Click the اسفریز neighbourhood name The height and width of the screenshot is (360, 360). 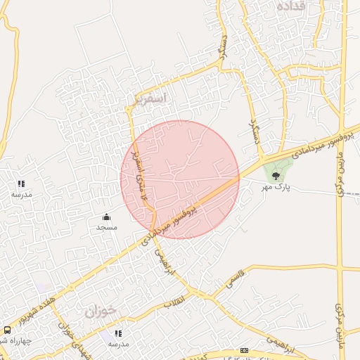(x=147, y=98)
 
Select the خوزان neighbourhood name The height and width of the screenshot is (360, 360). (x=101, y=310)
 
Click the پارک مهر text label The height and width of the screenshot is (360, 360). (x=276, y=188)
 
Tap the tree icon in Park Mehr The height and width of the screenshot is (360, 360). (x=275, y=176)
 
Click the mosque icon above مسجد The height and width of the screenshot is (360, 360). (x=106, y=217)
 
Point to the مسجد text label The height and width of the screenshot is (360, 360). (x=106, y=227)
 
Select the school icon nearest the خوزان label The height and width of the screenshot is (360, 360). (x=117, y=333)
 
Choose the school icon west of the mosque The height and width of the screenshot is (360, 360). (x=20, y=184)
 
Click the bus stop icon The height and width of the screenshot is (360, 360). (x=7, y=329)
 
